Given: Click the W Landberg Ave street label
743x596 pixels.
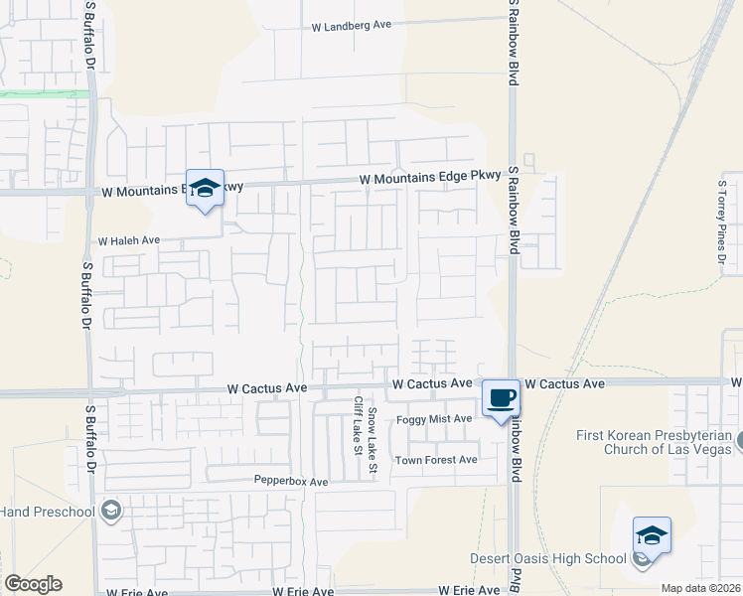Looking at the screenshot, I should pyautogui.click(x=352, y=26).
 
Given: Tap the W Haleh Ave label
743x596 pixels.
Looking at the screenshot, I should pyautogui.click(x=128, y=240).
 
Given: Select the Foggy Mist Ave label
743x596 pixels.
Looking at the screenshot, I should pyautogui.click(x=434, y=419).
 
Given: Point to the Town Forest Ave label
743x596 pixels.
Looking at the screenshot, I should pyautogui.click(x=436, y=460).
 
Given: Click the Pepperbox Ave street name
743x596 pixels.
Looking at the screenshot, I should pyautogui.click(x=291, y=482).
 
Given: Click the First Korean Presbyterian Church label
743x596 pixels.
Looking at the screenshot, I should pyautogui.click(x=658, y=442).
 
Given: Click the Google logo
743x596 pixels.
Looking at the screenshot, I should pyautogui.click(x=33, y=584).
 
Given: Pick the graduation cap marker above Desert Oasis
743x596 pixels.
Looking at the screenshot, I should pyautogui.click(x=652, y=536).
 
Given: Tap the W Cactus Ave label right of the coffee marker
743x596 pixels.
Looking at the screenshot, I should pyautogui.click(x=564, y=383).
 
